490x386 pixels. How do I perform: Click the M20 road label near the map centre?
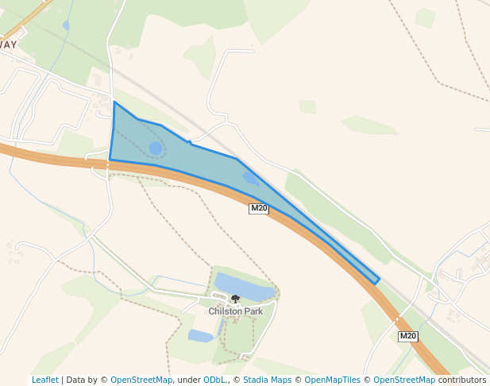click(259, 209)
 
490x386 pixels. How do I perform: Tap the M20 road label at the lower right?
click(408, 337)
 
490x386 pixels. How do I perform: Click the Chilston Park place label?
click(236, 311)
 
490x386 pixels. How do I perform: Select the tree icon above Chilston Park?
click(235, 299)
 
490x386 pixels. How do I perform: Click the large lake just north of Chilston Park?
click(242, 287)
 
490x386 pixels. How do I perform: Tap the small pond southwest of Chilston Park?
click(201, 336)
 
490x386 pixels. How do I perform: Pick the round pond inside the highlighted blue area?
click(156, 149)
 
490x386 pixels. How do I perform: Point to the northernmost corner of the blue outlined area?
click(114, 102)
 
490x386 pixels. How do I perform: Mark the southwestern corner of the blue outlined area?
click(110, 160)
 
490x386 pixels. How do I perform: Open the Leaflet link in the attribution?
click(45, 380)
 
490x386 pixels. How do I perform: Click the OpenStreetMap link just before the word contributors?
click(404, 380)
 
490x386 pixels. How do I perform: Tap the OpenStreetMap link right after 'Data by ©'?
click(141, 380)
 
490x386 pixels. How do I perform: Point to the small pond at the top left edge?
click(65, 25)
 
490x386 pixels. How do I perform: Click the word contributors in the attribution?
click(461, 380)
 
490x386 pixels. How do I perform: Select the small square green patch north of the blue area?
click(307, 106)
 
